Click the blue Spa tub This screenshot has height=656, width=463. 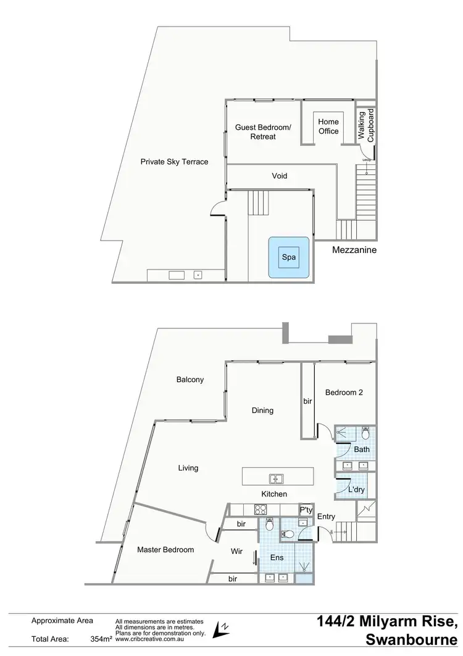pos(288,256)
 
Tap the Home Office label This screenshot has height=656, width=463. pos(328,126)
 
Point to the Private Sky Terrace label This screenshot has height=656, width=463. pos(174,162)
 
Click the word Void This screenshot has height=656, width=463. pos(280,176)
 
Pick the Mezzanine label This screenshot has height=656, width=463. pos(354,250)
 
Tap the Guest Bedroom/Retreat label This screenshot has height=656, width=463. pos(263,132)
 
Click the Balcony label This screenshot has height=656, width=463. pos(190,380)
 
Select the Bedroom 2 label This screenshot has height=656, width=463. pos(344,393)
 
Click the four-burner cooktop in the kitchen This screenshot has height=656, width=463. pos(261,510)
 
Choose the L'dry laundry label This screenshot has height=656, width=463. pos(356,490)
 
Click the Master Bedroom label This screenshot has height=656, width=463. pos(165,550)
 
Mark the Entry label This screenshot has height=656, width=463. pos(326,517)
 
